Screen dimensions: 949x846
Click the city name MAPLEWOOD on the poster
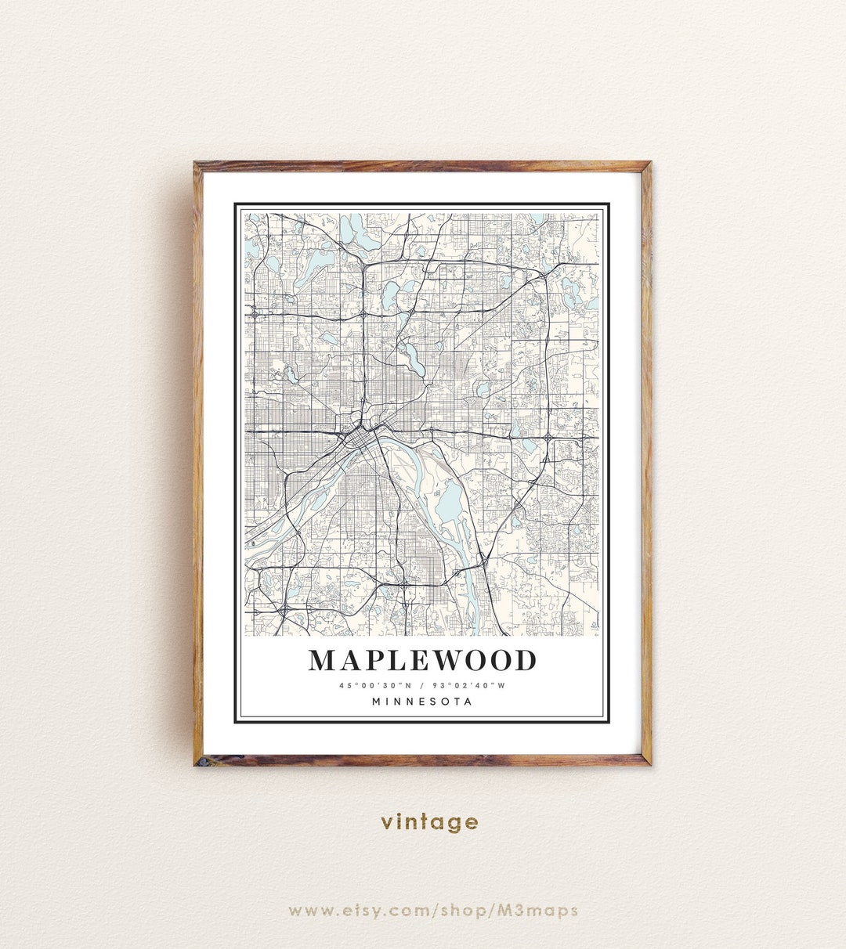tap(422, 660)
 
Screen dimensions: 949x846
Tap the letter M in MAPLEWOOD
tap(324, 660)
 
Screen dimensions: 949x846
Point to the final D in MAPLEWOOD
tap(524, 660)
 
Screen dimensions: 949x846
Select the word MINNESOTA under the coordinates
tap(422, 702)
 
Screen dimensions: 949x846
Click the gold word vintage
tap(429, 822)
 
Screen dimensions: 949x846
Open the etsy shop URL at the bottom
tap(433, 910)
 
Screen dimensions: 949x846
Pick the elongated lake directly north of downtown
tap(410, 360)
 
